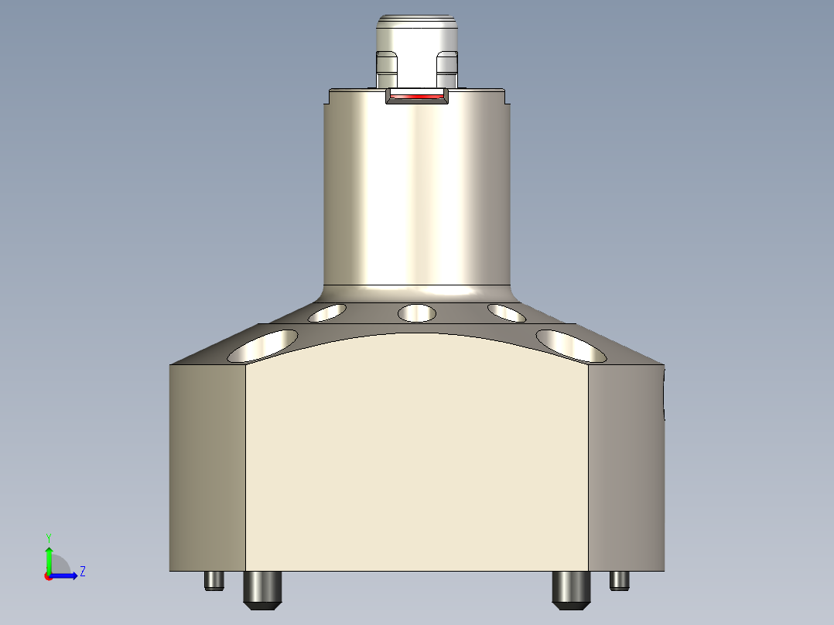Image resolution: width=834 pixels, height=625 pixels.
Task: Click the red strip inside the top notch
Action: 417,97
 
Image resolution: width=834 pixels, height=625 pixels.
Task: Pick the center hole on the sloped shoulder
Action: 416,313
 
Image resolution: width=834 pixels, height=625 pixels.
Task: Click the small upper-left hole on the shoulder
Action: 326,312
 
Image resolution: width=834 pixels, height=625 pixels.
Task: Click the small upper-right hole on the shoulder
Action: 507,312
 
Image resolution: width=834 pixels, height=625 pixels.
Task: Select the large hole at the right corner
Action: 571,346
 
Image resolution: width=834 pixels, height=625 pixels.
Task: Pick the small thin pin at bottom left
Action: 214,580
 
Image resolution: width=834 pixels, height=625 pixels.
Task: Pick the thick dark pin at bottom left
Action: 263,589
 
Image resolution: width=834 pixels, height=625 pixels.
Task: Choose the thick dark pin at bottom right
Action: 571,589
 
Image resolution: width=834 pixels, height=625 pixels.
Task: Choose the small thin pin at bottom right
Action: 620,580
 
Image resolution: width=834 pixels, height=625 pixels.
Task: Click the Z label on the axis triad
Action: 82,572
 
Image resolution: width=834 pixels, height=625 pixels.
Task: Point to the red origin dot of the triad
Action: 48,576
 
